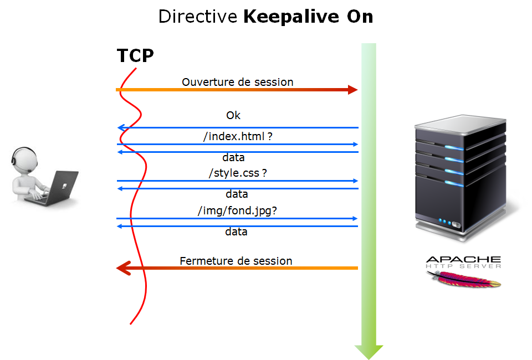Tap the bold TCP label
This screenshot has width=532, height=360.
[x=135, y=56]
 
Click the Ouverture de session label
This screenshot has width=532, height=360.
[x=237, y=82]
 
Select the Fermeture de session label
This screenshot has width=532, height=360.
[x=236, y=261]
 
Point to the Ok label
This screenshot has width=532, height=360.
[x=233, y=116]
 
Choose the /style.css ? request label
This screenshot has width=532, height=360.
[x=238, y=173]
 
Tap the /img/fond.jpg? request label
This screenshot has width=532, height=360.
[x=237, y=210]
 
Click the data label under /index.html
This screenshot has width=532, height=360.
[x=233, y=157]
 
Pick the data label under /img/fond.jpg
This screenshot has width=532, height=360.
[x=236, y=232]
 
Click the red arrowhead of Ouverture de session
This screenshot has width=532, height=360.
[x=352, y=90]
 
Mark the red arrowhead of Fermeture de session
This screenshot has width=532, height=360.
[x=122, y=268]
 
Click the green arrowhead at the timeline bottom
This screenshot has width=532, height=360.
[x=369, y=352]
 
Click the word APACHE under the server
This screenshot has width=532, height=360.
[x=463, y=259]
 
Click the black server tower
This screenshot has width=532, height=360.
[x=461, y=177]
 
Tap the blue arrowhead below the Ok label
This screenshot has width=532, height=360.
[x=120, y=128]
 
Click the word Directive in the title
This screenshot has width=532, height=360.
[x=197, y=17]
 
